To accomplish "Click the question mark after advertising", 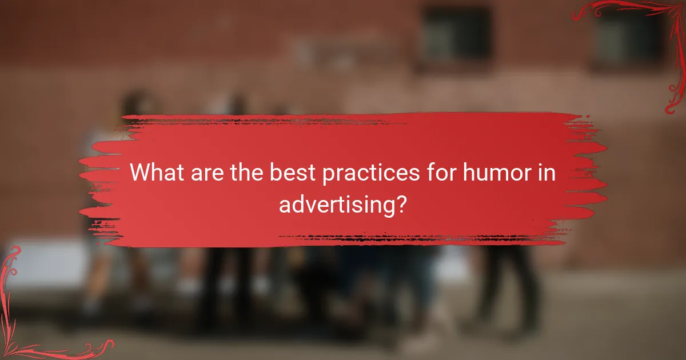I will tap(401, 203).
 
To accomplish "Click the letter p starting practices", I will tap(329, 175).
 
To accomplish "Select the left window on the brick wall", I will tap(456, 34).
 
